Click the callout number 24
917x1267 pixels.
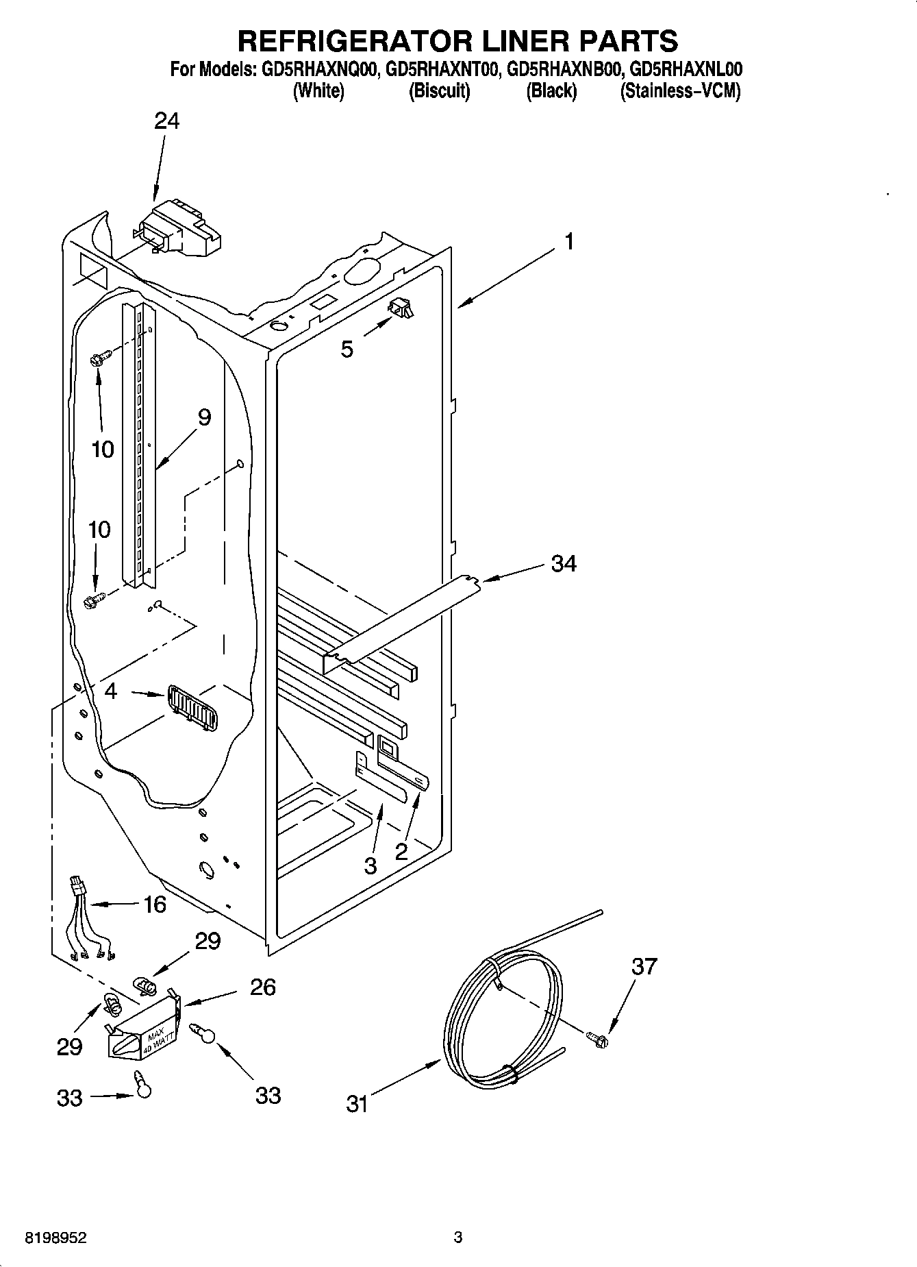click(x=166, y=121)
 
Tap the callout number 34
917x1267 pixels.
click(x=563, y=564)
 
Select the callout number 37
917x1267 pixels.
click(x=644, y=967)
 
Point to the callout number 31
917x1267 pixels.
click(x=357, y=1104)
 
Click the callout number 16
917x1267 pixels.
click(x=155, y=905)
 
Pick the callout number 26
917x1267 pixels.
click(x=262, y=987)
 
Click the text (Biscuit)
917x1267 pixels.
click(x=439, y=91)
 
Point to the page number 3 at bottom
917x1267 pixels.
click(x=458, y=1238)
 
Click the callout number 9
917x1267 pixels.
click(x=204, y=417)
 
